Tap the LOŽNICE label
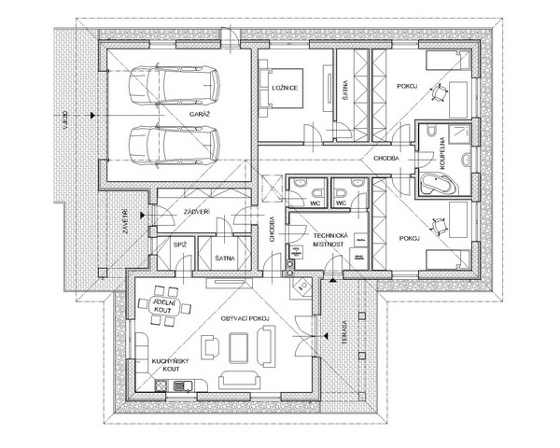click(x=285, y=89)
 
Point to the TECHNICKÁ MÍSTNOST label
click(x=329, y=241)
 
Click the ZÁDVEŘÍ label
click(x=196, y=213)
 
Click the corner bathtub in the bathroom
click(x=436, y=182)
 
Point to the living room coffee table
click(x=239, y=347)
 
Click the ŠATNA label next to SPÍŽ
click(x=224, y=257)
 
